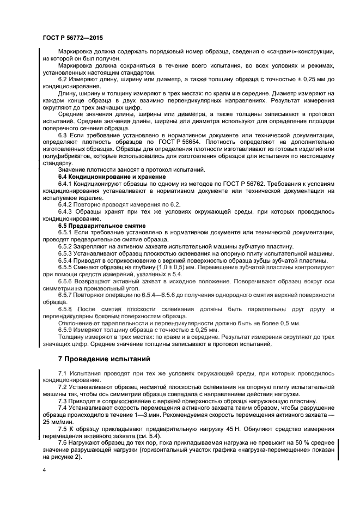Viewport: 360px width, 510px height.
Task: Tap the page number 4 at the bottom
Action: coord(44,469)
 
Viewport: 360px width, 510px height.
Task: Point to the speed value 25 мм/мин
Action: coord(56,422)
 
